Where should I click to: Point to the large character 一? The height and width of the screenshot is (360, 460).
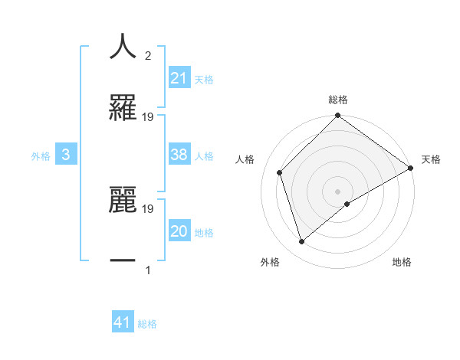click(x=123, y=260)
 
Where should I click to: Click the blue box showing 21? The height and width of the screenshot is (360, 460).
click(x=179, y=78)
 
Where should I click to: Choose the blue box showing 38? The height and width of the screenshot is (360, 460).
click(x=179, y=155)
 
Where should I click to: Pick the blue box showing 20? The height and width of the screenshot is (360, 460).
click(x=179, y=231)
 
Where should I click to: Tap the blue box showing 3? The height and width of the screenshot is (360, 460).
click(x=66, y=155)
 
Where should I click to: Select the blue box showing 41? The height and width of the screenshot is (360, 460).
click(x=123, y=322)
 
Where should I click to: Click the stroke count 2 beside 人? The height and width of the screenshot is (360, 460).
click(x=148, y=56)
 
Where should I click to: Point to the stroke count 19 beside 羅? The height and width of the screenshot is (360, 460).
click(x=148, y=117)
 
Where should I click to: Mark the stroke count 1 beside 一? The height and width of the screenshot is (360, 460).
click(x=148, y=270)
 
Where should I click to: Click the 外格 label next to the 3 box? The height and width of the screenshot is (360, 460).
click(x=41, y=155)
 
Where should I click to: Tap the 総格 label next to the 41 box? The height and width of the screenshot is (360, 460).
click(x=147, y=323)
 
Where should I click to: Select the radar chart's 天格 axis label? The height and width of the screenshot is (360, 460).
click(x=431, y=159)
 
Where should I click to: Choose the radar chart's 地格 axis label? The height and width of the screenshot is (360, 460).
click(x=402, y=262)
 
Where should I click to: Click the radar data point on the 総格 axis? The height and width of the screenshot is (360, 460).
click(x=337, y=116)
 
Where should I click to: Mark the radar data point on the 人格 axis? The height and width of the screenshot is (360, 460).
click(x=280, y=172)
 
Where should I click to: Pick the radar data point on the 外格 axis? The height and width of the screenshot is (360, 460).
click(x=301, y=242)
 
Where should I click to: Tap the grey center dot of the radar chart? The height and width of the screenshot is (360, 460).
click(x=337, y=191)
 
